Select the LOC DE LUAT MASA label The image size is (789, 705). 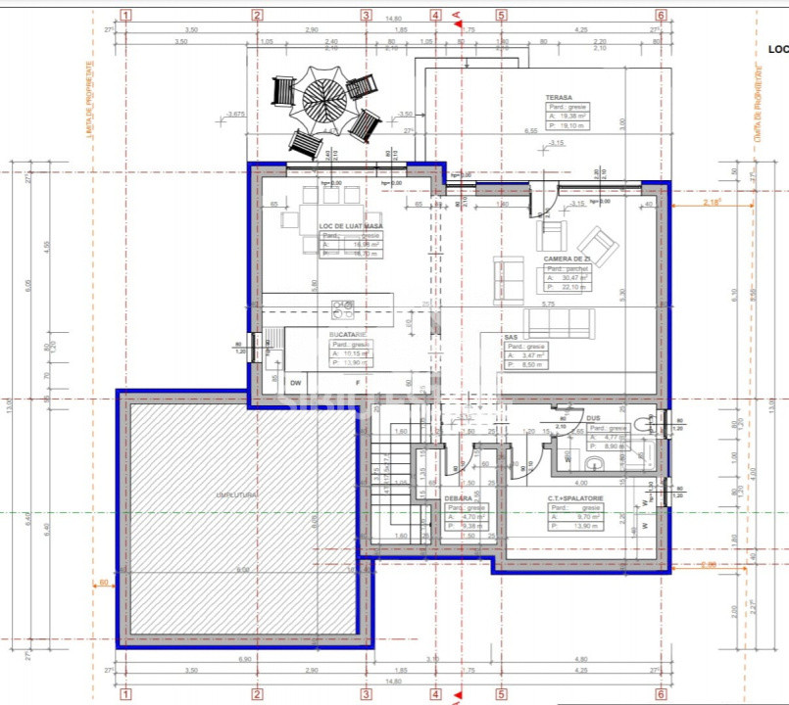[x=350, y=226]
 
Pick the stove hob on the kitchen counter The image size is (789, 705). [x=343, y=309]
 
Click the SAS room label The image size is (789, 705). [x=511, y=337]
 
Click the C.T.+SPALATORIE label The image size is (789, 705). [x=575, y=498]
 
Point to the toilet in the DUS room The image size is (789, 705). [x=645, y=423]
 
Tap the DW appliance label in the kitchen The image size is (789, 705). [x=295, y=382]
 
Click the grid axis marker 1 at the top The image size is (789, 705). [x=124, y=15]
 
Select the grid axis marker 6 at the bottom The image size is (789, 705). [x=661, y=693]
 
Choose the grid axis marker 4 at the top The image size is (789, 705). [x=435, y=15]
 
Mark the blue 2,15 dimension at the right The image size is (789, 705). [x=712, y=202]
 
